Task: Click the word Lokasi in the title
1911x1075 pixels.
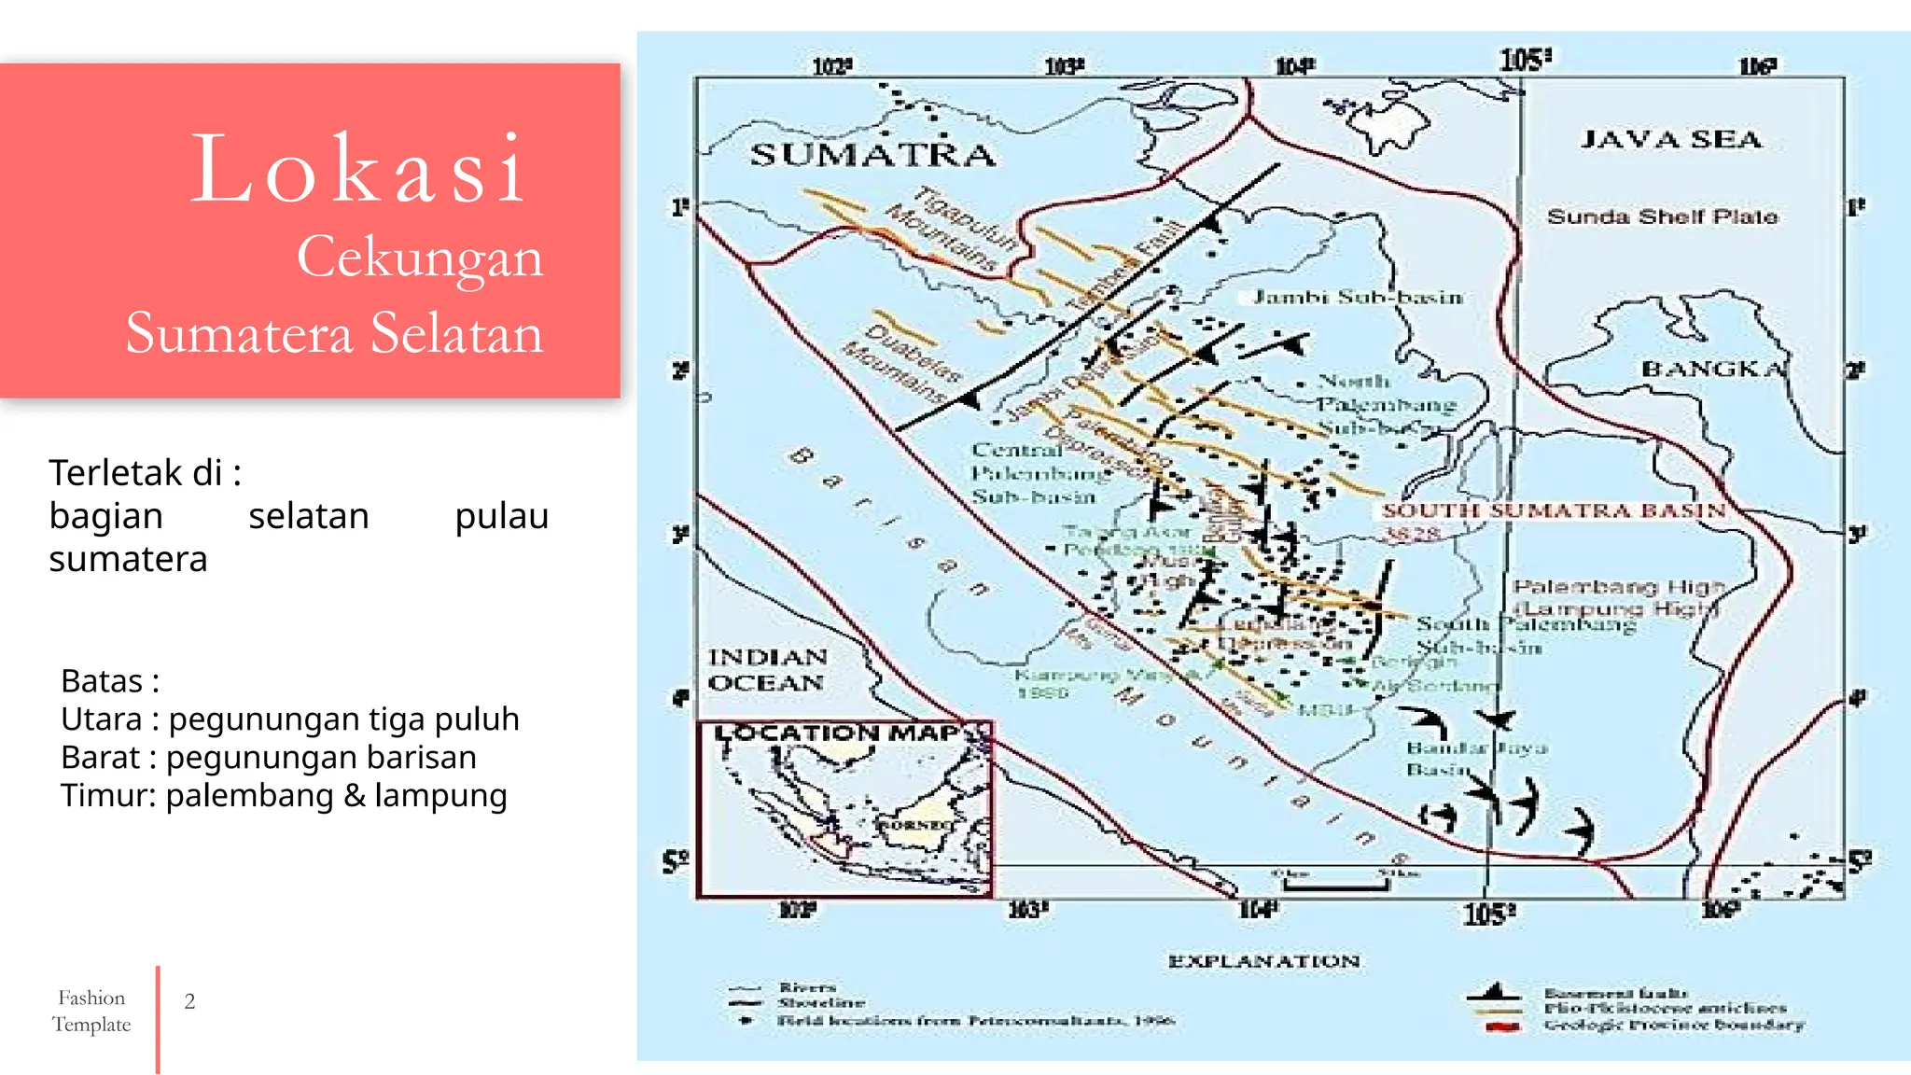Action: click(x=359, y=170)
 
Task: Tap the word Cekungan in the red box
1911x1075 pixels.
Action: click(x=420, y=257)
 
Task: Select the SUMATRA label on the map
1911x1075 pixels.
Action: click(x=872, y=155)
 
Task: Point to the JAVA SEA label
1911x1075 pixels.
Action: click(x=1670, y=140)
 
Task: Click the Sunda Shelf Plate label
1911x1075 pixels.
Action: click(x=1662, y=216)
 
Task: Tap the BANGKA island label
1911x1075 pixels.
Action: click(x=1713, y=370)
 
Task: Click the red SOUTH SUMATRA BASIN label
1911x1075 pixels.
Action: click(x=1553, y=510)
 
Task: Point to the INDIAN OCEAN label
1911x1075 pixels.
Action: click(x=767, y=670)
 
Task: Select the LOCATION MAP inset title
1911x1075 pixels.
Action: click(x=837, y=733)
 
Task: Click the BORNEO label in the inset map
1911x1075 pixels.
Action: click(x=914, y=825)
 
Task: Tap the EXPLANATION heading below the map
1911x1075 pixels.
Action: click(x=1263, y=961)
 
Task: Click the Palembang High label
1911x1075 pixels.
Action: click(x=1618, y=587)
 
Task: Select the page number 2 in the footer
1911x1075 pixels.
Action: click(x=189, y=1001)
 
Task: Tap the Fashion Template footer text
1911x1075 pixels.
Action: click(x=91, y=1011)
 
